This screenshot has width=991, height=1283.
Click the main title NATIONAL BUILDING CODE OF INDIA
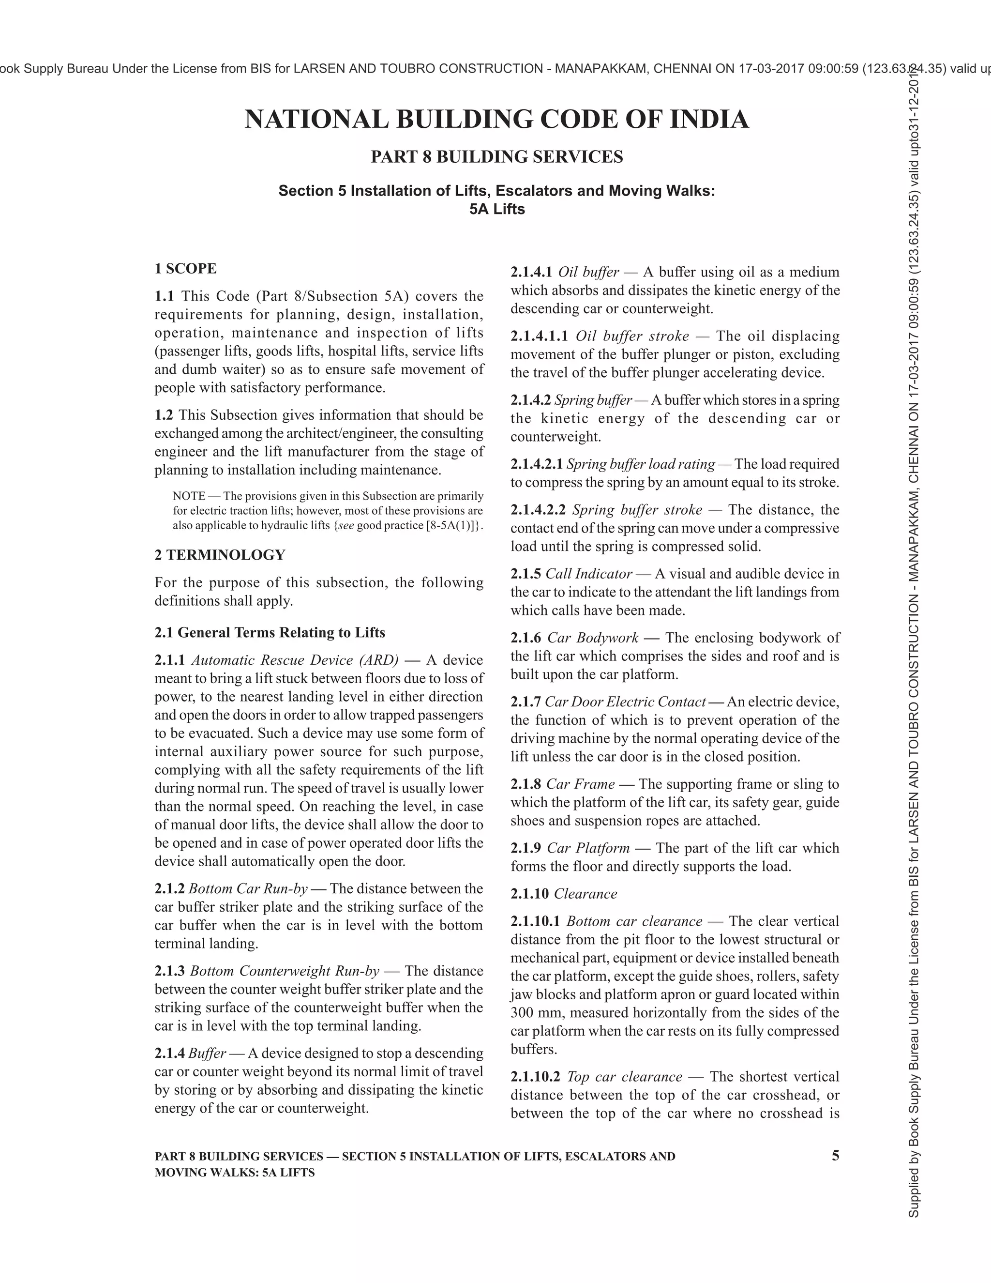tap(496, 119)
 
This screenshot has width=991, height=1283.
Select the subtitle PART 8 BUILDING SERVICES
tap(496, 157)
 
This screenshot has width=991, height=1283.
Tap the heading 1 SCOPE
tap(185, 269)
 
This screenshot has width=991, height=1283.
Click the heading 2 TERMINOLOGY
tap(220, 554)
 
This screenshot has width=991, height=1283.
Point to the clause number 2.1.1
tap(170, 660)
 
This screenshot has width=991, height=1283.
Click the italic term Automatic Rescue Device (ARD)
tap(295, 660)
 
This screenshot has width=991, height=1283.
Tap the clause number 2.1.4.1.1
tap(539, 336)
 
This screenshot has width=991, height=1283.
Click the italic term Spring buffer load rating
tap(641, 464)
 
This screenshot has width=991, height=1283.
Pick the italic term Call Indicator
tap(589, 573)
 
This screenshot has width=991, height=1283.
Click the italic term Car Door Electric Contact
tap(625, 702)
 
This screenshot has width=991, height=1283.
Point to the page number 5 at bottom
tap(835, 1156)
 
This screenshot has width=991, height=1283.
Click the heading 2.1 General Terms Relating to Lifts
tap(270, 633)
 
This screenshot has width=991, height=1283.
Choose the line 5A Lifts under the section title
tap(496, 209)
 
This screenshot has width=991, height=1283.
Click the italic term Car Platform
tap(587, 848)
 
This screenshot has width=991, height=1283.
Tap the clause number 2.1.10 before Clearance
tap(529, 894)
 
